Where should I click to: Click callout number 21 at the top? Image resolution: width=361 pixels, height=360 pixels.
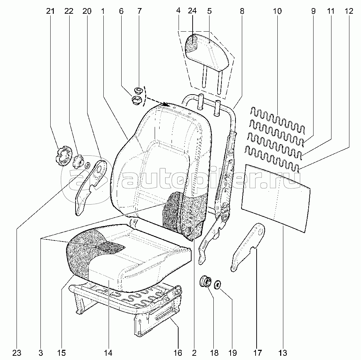[x=50, y=11]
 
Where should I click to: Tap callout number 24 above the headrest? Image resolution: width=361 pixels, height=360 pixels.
[x=192, y=11]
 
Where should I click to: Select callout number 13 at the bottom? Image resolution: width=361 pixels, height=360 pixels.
[x=283, y=353]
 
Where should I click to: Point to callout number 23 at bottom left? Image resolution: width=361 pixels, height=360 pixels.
[x=17, y=353]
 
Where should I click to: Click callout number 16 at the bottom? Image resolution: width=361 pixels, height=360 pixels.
[x=178, y=353]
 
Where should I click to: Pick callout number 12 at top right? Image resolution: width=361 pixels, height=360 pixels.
[x=349, y=11]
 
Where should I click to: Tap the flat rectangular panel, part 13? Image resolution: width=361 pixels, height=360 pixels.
[x=276, y=198]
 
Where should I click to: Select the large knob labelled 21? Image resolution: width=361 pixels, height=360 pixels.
[x=63, y=156]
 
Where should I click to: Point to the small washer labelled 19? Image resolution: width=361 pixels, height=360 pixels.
[x=217, y=285]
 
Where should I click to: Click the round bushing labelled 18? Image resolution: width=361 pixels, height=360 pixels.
[x=205, y=281]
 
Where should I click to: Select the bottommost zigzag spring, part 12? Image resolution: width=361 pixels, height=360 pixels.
[x=272, y=159]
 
